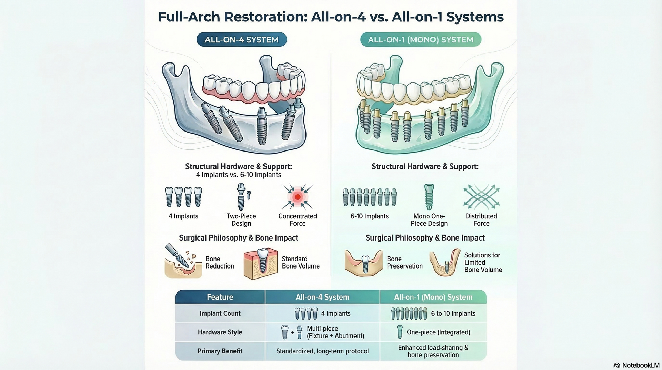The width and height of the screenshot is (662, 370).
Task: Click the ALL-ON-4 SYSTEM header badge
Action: [242, 40]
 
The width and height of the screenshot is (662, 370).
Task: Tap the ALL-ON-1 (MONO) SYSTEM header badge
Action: [421, 40]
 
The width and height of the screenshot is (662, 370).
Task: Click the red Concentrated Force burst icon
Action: [298, 197]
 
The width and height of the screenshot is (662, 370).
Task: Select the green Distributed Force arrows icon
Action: [481, 197]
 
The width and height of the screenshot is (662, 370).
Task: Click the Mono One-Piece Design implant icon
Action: [429, 197]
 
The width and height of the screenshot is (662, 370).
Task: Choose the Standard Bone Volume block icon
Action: [261, 263]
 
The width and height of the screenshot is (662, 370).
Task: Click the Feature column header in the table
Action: [220, 297]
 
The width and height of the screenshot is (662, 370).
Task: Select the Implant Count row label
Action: [220, 313]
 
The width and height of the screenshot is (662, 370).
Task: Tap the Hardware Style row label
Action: [220, 332]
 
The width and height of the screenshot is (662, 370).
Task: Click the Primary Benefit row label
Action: [220, 351]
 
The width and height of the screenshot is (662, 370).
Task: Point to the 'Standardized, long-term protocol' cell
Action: [322, 351]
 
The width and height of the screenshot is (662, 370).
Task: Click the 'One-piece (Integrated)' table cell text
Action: [439, 332]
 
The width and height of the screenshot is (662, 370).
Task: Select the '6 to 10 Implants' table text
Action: [453, 313]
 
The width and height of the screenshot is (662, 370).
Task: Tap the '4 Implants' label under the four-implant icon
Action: [183, 216]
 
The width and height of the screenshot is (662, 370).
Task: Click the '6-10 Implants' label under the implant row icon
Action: [370, 216]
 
